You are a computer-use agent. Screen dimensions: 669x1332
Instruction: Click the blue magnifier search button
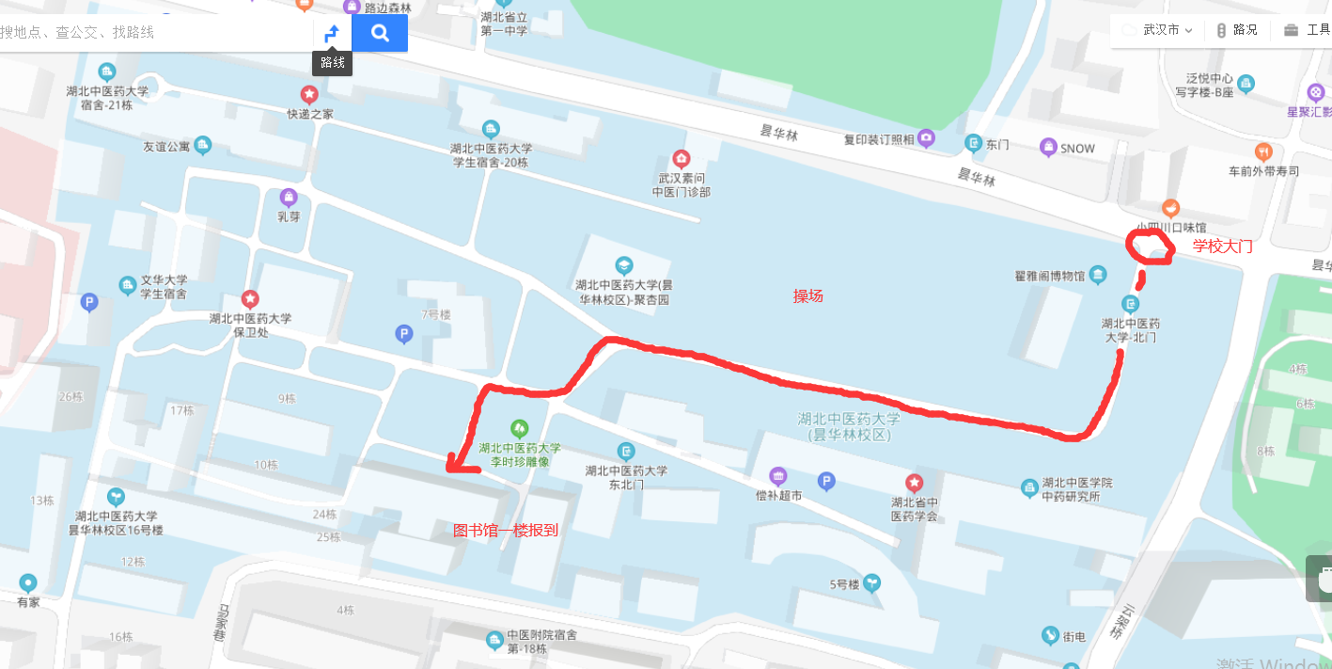tap(380, 33)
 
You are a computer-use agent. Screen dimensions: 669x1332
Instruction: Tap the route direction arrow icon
tap(332, 34)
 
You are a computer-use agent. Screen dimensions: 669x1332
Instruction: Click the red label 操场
tap(807, 296)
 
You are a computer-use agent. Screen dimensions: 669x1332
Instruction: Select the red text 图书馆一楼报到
tap(506, 530)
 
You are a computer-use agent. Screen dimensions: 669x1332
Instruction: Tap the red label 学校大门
tap(1223, 247)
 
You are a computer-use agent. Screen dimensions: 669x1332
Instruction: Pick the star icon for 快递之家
tap(309, 94)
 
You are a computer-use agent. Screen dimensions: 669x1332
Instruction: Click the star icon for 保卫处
tap(250, 299)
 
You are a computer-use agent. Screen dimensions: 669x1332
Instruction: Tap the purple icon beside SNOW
tap(1048, 147)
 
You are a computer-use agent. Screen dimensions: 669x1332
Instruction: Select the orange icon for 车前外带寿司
tap(1264, 151)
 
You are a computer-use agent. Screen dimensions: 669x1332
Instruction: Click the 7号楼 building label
tap(436, 314)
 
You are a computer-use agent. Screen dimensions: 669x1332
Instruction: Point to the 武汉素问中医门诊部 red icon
tap(682, 158)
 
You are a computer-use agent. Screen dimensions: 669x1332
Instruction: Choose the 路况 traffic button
tap(1236, 30)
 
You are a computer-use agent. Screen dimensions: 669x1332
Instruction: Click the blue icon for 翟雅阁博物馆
tap(1099, 275)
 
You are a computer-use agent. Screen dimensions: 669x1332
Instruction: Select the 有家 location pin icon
tap(28, 583)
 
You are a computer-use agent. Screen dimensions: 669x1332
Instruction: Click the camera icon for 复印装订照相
tap(928, 139)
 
